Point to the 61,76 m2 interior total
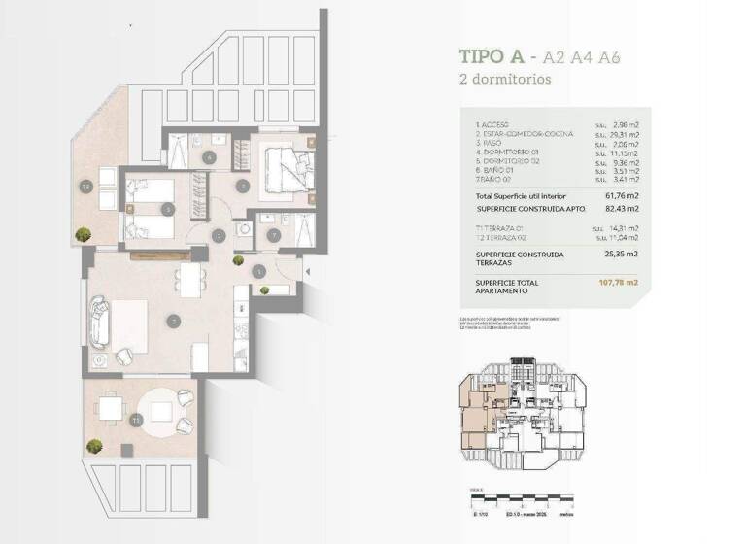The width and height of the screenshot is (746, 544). coord(619,195)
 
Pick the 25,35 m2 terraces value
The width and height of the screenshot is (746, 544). coord(619,254)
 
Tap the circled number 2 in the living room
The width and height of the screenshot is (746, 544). coord(172,321)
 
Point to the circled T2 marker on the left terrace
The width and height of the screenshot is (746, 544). coord(85,187)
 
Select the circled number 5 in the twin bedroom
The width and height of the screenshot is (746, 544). coord(169,208)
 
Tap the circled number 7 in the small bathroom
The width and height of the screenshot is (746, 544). coord(273,234)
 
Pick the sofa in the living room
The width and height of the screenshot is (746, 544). coord(99,322)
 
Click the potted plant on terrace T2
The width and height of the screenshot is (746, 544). coord(85,234)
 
